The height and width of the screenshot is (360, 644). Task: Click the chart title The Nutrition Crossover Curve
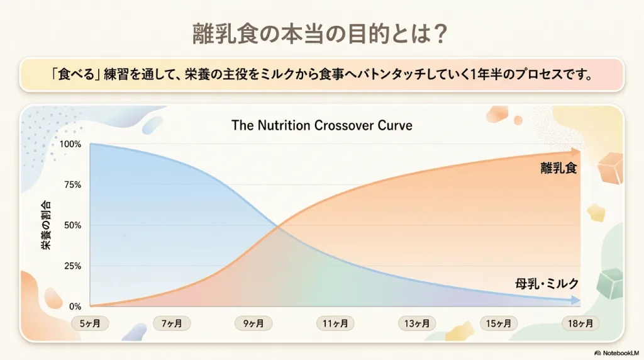(x=321, y=125)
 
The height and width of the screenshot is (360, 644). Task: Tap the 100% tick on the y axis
(x=70, y=144)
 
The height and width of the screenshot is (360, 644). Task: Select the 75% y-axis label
(x=72, y=185)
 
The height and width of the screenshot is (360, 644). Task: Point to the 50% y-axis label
(x=72, y=225)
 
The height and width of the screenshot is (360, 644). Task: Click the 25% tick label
(x=72, y=266)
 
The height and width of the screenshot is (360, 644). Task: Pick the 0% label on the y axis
(x=75, y=307)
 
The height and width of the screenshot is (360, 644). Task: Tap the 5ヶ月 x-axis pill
(x=90, y=323)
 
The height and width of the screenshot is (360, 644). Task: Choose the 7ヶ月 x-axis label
(x=172, y=323)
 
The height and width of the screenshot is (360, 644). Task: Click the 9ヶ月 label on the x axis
(x=253, y=323)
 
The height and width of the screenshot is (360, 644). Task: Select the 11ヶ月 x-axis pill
(x=335, y=323)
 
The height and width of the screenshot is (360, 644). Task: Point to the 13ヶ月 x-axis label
(x=417, y=323)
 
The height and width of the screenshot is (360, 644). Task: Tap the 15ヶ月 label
(x=499, y=323)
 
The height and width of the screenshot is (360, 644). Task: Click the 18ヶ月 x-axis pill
(x=580, y=323)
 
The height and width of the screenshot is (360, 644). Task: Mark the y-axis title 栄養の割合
(x=46, y=225)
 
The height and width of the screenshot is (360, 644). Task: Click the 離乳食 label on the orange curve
(x=558, y=168)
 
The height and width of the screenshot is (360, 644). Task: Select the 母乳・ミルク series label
(x=547, y=284)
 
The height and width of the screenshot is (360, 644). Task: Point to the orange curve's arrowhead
(x=576, y=152)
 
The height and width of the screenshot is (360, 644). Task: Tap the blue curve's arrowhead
(x=576, y=301)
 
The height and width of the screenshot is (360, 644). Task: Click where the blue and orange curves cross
(x=278, y=226)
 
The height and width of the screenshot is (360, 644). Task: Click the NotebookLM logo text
(x=617, y=353)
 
